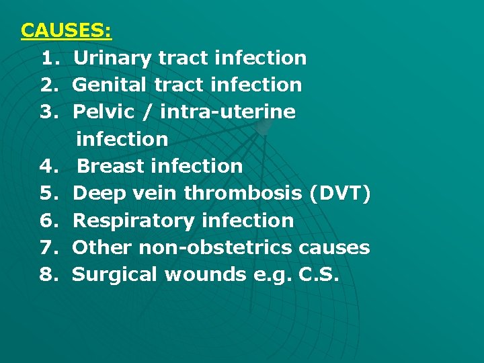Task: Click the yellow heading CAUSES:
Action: (67, 31)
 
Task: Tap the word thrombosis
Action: (243, 194)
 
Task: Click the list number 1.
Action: (48, 58)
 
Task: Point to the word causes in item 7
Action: (333, 247)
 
